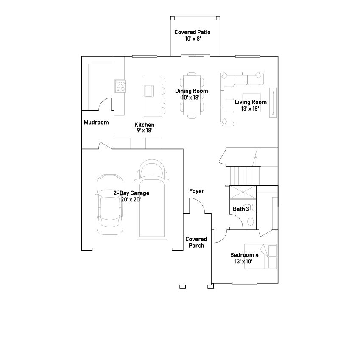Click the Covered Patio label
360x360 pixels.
[x=192, y=35]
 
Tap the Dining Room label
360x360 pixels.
[x=191, y=94]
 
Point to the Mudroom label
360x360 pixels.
[x=96, y=123]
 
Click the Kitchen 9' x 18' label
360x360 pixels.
[x=144, y=127]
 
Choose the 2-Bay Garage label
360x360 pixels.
[x=131, y=196]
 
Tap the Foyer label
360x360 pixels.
[x=196, y=191]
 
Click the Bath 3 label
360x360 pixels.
[x=241, y=209]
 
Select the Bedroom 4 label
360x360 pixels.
[x=244, y=258]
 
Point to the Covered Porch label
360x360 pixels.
[x=196, y=243]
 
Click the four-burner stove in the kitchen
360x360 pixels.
[x=120, y=87]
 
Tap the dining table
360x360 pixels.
[x=191, y=95]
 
